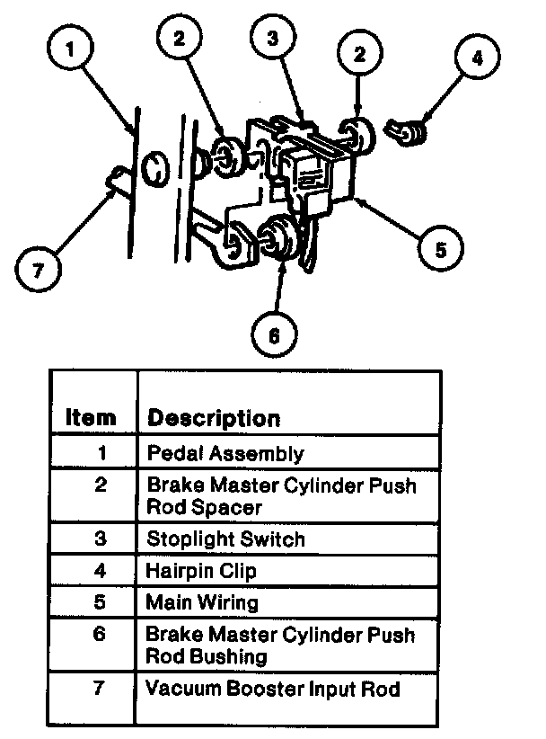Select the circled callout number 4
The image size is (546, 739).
[477, 59]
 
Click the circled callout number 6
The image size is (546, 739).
[274, 335]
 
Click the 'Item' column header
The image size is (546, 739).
[91, 418]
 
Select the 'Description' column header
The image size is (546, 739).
[214, 418]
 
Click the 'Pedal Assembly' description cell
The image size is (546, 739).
[225, 453]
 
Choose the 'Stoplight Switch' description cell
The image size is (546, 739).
[226, 539]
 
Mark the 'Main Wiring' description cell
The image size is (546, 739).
[202, 602]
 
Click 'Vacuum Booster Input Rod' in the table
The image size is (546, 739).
[273, 690]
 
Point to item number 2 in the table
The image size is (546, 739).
[101, 485]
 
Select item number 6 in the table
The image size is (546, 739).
[101, 635]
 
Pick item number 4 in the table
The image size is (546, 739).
[101, 570]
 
